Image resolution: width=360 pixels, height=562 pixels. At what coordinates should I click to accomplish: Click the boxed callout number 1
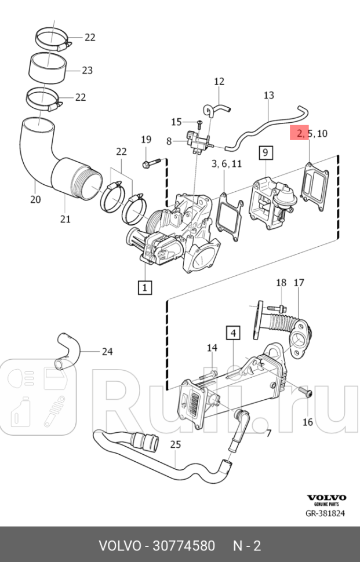[144, 286]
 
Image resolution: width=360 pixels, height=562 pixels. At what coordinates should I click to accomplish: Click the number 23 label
[87, 71]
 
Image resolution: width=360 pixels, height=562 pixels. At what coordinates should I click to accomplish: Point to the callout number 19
[146, 139]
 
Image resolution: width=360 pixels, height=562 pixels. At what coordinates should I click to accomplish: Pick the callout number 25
[175, 444]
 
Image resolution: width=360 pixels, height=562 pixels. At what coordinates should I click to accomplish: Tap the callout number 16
[307, 422]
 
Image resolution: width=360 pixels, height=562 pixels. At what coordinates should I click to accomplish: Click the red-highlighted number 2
[300, 134]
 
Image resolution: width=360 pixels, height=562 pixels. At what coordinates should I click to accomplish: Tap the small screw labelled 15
[199, 123]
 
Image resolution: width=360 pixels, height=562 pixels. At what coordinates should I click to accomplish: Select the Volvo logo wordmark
[326, 498]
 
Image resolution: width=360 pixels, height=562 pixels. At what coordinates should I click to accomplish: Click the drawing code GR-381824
[325, 513]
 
